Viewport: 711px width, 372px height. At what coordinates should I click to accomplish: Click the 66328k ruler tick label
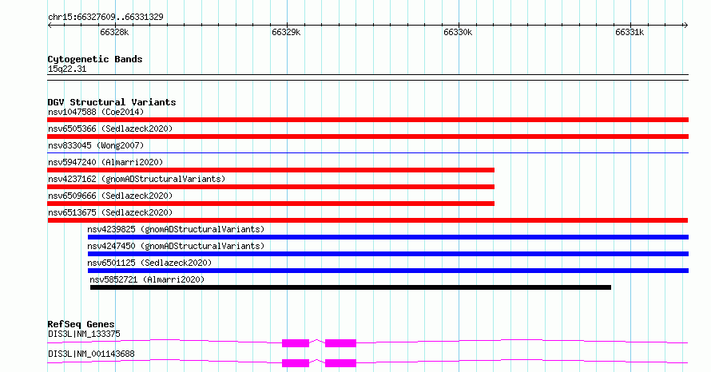(x=114, y=32)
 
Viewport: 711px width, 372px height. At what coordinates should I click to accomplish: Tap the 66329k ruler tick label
(x=286, y=32)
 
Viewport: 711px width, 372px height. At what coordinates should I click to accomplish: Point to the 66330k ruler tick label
(x=458, y=32)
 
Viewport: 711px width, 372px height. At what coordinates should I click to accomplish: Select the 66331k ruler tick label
(x=630, y=32)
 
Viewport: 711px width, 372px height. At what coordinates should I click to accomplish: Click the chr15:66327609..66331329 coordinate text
(x=105, y=18)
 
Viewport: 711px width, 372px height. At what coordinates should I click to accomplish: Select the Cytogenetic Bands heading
(x=95, y=59)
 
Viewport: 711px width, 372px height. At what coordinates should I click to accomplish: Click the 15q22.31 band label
(x=67, y=69)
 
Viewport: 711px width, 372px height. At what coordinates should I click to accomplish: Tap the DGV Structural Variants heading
(x=112, y=102)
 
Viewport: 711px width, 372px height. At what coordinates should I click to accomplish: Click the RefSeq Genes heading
(x=81, y=324)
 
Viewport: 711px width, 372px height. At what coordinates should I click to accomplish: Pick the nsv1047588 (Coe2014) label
(x=96, y=112)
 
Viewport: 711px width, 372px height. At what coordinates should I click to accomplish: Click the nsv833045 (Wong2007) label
(x=96, y=145)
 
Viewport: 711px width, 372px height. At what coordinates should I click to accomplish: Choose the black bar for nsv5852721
(x=351, y=287)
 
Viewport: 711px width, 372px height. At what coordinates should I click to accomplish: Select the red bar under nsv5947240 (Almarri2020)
(x=271, y=170)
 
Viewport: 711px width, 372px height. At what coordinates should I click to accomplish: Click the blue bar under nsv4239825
(x=388, y=237)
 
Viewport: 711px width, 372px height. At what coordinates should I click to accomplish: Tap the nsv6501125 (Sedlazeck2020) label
(x=149, y=263)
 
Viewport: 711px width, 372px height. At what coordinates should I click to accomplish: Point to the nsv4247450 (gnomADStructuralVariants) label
(x=176, y=246)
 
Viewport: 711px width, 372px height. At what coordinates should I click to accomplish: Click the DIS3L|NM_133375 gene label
(x=85, y=334)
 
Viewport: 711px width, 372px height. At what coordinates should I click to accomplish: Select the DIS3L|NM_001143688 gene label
(x=91, y=354)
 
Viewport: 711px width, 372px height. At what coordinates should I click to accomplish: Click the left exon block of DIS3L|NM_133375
(x=296, y=343)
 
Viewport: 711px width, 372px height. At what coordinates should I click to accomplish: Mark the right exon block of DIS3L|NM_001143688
(x=340, y=363)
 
